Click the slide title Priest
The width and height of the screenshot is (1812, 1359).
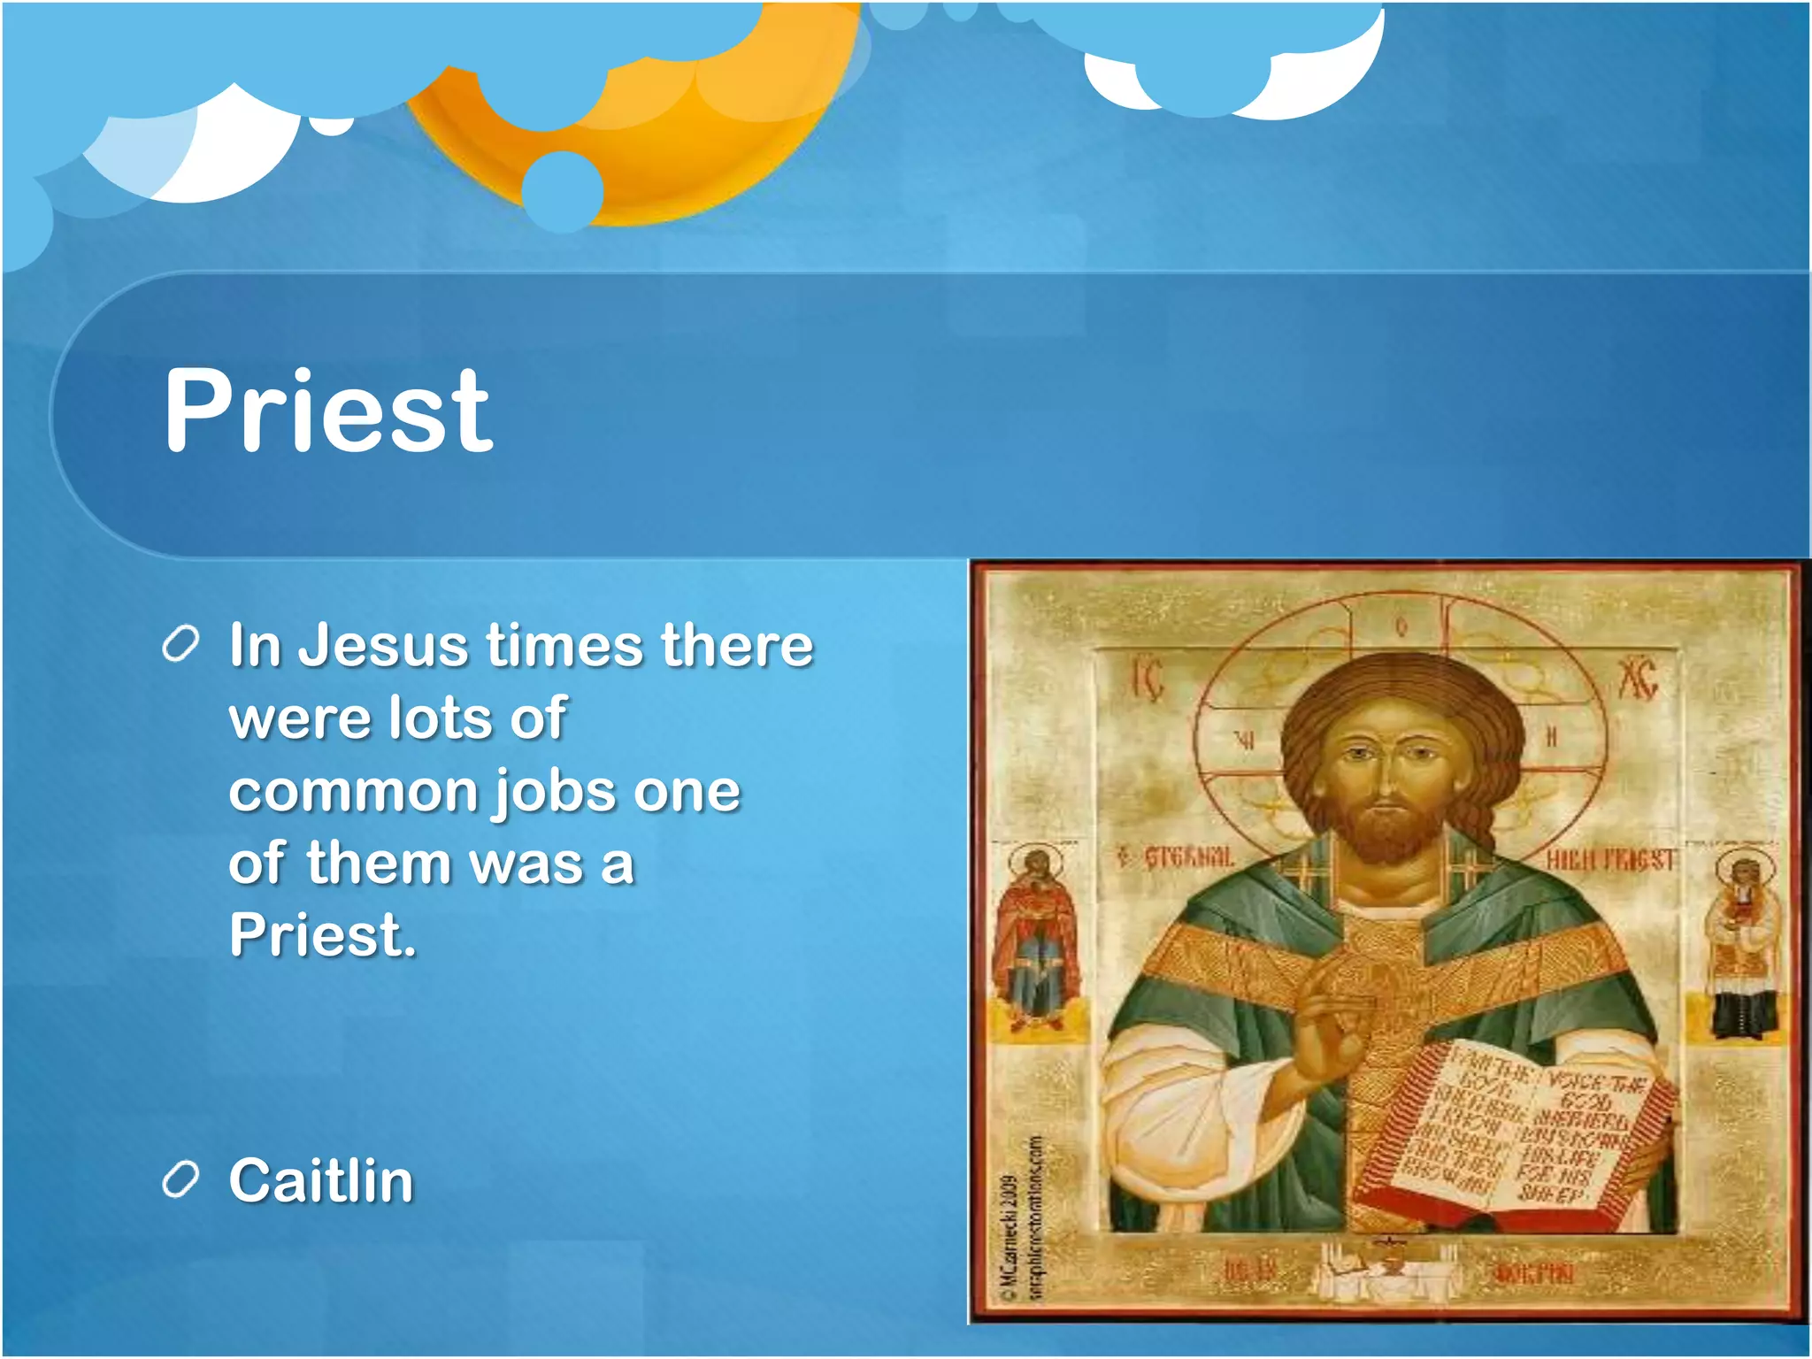click(327, 411)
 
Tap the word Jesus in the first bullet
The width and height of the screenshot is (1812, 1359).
click(382, 645)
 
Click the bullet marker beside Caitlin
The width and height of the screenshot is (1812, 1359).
click(180, 1180)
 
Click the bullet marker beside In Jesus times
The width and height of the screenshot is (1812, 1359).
click(180, 645)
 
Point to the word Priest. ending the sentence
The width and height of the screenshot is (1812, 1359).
click(322, 935)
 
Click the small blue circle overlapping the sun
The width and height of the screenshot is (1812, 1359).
click(563, 191)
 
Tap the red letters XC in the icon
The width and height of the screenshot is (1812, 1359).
click(1638, 679)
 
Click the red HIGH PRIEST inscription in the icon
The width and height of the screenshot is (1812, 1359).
click(1610, 859)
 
